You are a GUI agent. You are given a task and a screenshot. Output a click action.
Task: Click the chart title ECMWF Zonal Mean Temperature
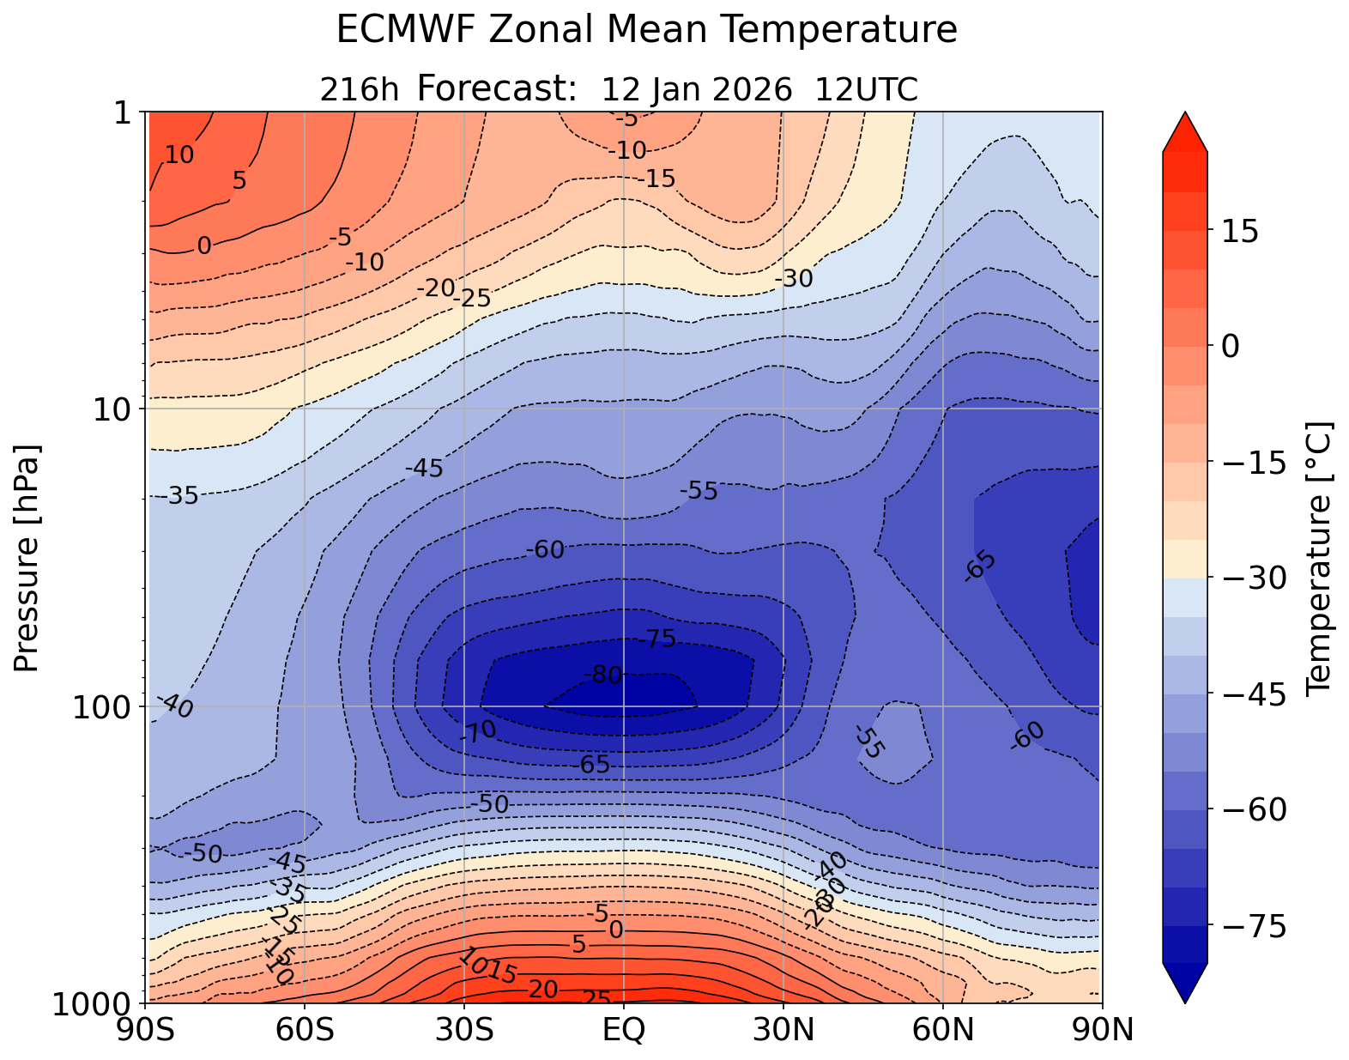click(x=646, y=31)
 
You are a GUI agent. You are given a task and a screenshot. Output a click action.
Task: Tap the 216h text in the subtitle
click(x=360, y=89)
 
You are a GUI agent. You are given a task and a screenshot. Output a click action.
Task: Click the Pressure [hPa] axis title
click(x=27, y=558)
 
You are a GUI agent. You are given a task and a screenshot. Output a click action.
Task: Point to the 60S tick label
click(x=305, y=1029)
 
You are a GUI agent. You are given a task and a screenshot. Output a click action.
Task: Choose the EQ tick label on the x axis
click(x=624, y=1029)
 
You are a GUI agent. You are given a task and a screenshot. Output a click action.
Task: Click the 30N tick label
click(x=783, y=1029)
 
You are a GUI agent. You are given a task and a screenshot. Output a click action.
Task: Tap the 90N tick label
click(x=1102, y=1029)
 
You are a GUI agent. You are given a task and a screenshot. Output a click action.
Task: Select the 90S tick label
click(x=147, y=1029)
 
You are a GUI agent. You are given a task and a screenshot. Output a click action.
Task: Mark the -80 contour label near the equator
click(x=602, y=675)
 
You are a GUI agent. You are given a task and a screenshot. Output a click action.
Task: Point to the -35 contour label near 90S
click(x=181, y=495)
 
